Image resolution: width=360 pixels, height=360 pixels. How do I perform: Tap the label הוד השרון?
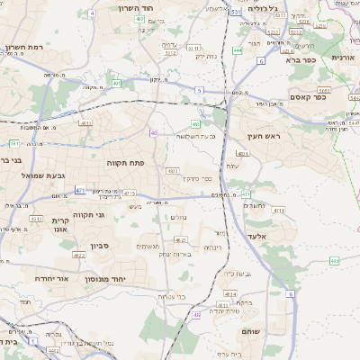click(139, 8)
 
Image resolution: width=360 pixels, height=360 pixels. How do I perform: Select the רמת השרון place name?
click(23, 47)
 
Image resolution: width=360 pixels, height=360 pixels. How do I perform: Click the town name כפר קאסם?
click(309, 96)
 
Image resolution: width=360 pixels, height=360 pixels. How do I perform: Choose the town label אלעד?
click(283, 236)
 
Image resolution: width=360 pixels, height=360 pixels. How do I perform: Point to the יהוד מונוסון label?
click(107, 280)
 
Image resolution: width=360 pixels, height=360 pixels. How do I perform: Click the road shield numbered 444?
click(237, 51)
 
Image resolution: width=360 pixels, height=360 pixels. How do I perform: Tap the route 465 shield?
click(334, 261)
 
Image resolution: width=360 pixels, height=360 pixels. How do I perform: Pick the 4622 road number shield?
click(79, 256)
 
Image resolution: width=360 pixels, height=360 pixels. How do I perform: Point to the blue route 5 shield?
click(199, 90)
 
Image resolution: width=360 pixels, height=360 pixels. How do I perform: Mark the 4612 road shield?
click(36, 219)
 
